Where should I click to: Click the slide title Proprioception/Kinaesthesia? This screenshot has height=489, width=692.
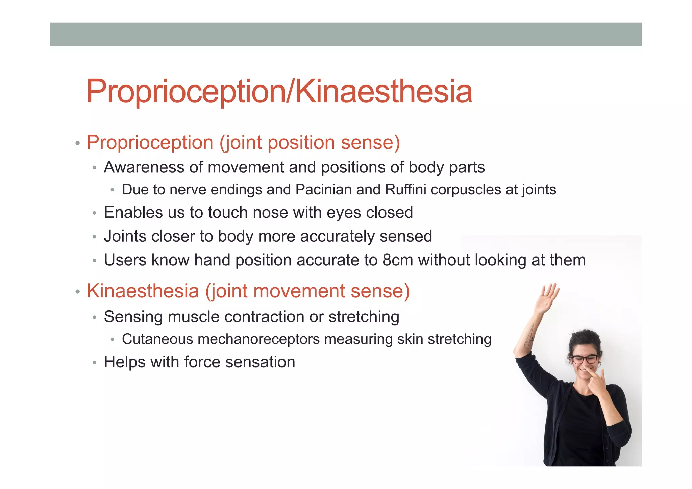279,91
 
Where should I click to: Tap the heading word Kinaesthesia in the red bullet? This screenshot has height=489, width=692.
143,291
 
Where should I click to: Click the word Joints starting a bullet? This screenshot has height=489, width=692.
125,236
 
